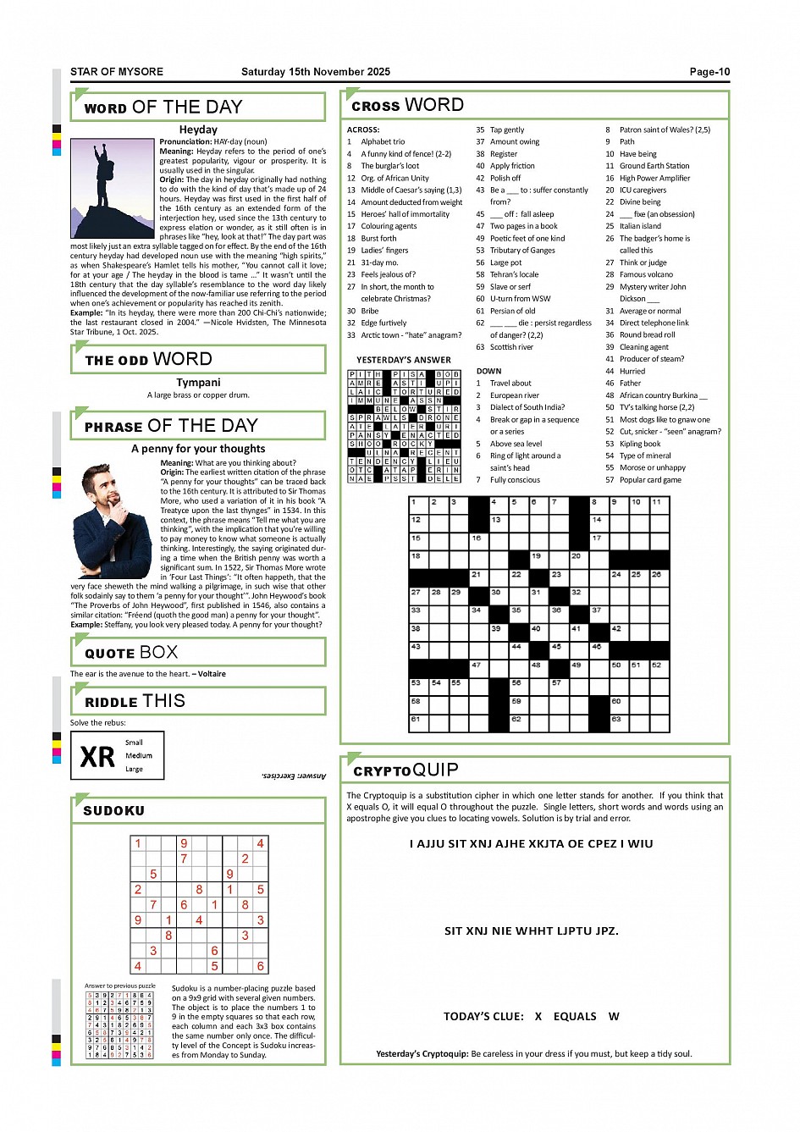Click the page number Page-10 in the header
click(709, 72)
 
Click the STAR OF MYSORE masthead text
click(117, 72)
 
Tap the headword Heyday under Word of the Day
click(198, 130)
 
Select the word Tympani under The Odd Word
click(198, 383)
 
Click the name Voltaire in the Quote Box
click(212, 674)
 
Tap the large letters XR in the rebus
click(97, 756)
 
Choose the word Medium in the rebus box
click(139, 756)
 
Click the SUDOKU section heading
click(114, 811)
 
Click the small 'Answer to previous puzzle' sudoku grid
click(119, 1025)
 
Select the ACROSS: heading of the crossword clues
click(363, 130)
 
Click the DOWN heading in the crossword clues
click(488, 371)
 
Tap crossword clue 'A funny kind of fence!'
click(406, 154)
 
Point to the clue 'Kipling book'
click(640, 444)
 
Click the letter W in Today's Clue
click(614, 1016)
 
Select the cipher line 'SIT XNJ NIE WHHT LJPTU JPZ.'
click(531, 931)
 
